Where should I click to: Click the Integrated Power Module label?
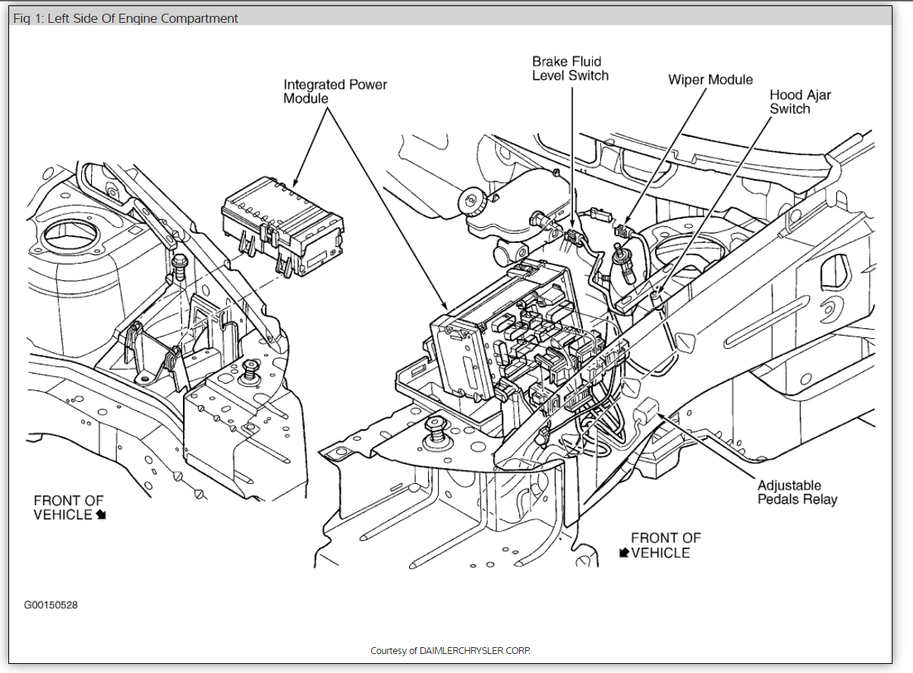pyautogui.click(x=335, y=91)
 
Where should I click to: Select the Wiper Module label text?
pyautogui.click(x=710, y=80)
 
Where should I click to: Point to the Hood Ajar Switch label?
pyautogui.click(x=800, y=102)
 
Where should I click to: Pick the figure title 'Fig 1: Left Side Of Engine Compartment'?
pyautogui.click(x=125, y=18)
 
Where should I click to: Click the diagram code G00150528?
pyautogui.click(x=50, y=605)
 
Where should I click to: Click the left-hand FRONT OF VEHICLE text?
pyautogui.click(x=68, y=507)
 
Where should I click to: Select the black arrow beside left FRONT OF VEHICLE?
pyautogui.click(x=101, y=515)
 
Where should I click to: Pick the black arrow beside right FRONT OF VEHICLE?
pyautogui.click(x=624, y=553)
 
